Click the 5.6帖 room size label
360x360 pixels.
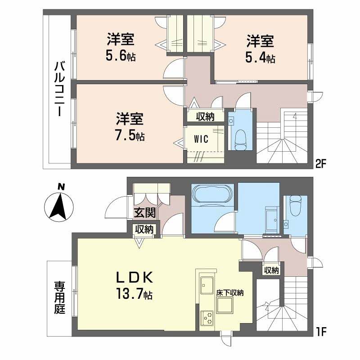pyautogui.click(x=121, y=56)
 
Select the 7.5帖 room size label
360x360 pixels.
pyautogui.click(x=130, y=136)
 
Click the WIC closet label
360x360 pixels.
pyautogui.click(x=201, y=139)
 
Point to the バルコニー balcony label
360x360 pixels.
pyautogui.click(x=59, y=88)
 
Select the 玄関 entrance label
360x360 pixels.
pyautogui.click(x=145, y=212)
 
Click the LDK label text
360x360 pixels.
pyautogui.click(x=135, y=278)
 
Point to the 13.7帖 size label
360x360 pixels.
pyautogui.click(x=135, y=294)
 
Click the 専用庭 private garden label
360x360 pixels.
pyautogui.click(x=60, y=297)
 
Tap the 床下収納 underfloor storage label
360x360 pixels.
pyautogui.click(x=230, y=293)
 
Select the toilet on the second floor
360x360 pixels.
pyautogui.click(x=240, y=140)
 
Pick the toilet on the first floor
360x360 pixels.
pyautogui.click(x=296, y=206)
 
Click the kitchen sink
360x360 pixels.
pyautogui.click(x=207, y=285)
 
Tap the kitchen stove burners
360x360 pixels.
pyautogui.click(x=207, y=318)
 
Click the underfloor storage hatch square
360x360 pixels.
pyautogui.click(x=225, y=305)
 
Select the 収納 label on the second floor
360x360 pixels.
pyautogui.click(x=205, y=117)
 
